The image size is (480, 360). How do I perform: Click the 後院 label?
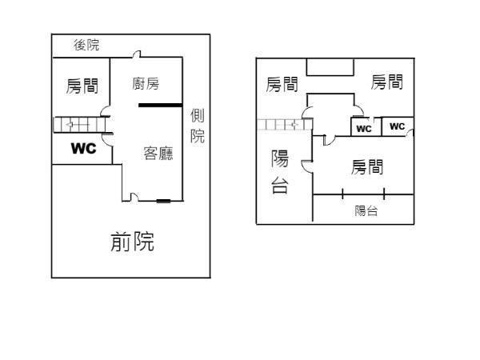(86, 46)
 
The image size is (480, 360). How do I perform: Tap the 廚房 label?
(146, 83)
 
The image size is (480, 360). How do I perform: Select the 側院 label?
(197, 127)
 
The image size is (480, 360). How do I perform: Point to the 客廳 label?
(158, 153)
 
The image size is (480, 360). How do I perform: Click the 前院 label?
(132, 241)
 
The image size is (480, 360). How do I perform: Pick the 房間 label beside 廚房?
(82, 86)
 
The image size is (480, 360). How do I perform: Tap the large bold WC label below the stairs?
(83, 148)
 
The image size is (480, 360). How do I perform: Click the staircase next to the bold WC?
(75, 125)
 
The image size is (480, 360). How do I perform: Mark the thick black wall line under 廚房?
(160, 105)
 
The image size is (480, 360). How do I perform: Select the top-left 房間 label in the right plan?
(282, 83)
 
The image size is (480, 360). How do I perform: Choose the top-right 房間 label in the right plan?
(387, 82)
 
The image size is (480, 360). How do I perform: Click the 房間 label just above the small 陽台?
(367, 167)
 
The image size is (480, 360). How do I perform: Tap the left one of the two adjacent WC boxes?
(364, 128)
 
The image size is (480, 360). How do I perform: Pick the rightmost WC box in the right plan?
(398, 126)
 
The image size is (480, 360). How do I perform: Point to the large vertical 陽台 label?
(280, 172)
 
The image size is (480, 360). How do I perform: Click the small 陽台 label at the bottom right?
(366, 211)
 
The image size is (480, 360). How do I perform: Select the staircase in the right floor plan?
(280, 125)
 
